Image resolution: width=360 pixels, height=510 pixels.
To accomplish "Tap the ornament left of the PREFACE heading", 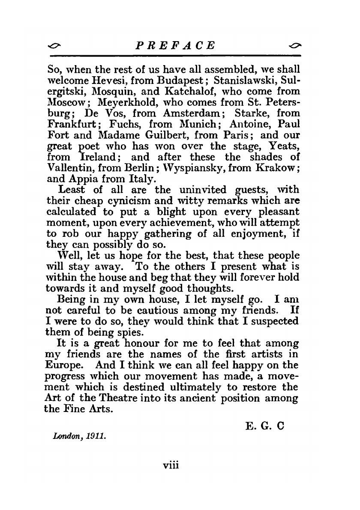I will tap(54, 45).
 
